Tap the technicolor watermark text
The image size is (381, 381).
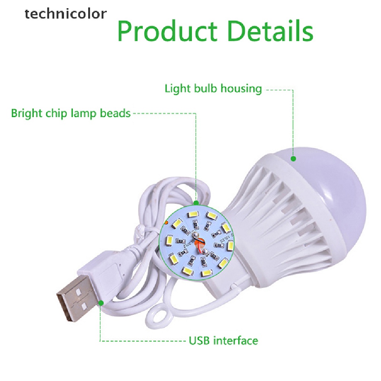(x=65, y=14)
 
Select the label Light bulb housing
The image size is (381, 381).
(x=213, y=89)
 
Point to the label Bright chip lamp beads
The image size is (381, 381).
(x=71, y=113)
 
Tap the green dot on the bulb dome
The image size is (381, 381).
(x=293, y=159)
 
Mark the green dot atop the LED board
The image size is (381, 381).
(x=196, y=203)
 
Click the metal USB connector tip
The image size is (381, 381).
(x=73, y=294)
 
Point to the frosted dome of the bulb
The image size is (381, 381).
(x=335, y=186)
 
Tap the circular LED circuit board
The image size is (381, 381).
(x=198, y=242)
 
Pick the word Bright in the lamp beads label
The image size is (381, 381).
(x=27, y=113)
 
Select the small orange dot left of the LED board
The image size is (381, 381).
(x=166, y=222)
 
